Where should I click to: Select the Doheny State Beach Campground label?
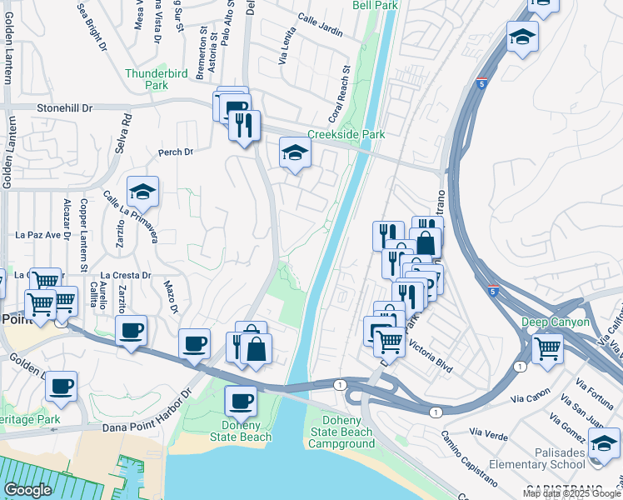[x=341, y=437]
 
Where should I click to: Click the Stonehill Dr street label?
[x=65, y=108]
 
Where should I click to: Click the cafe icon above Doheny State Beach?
[x=242, y=400]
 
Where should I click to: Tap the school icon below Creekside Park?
[x=294, y=152]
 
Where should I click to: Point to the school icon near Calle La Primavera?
[x=142, y=192]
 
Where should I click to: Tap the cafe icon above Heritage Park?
[x=61, y=386]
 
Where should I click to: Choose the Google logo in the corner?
[x=28, y=490]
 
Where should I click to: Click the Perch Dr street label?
[x=175, y=152]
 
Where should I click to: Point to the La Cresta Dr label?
[x=125, y=275]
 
